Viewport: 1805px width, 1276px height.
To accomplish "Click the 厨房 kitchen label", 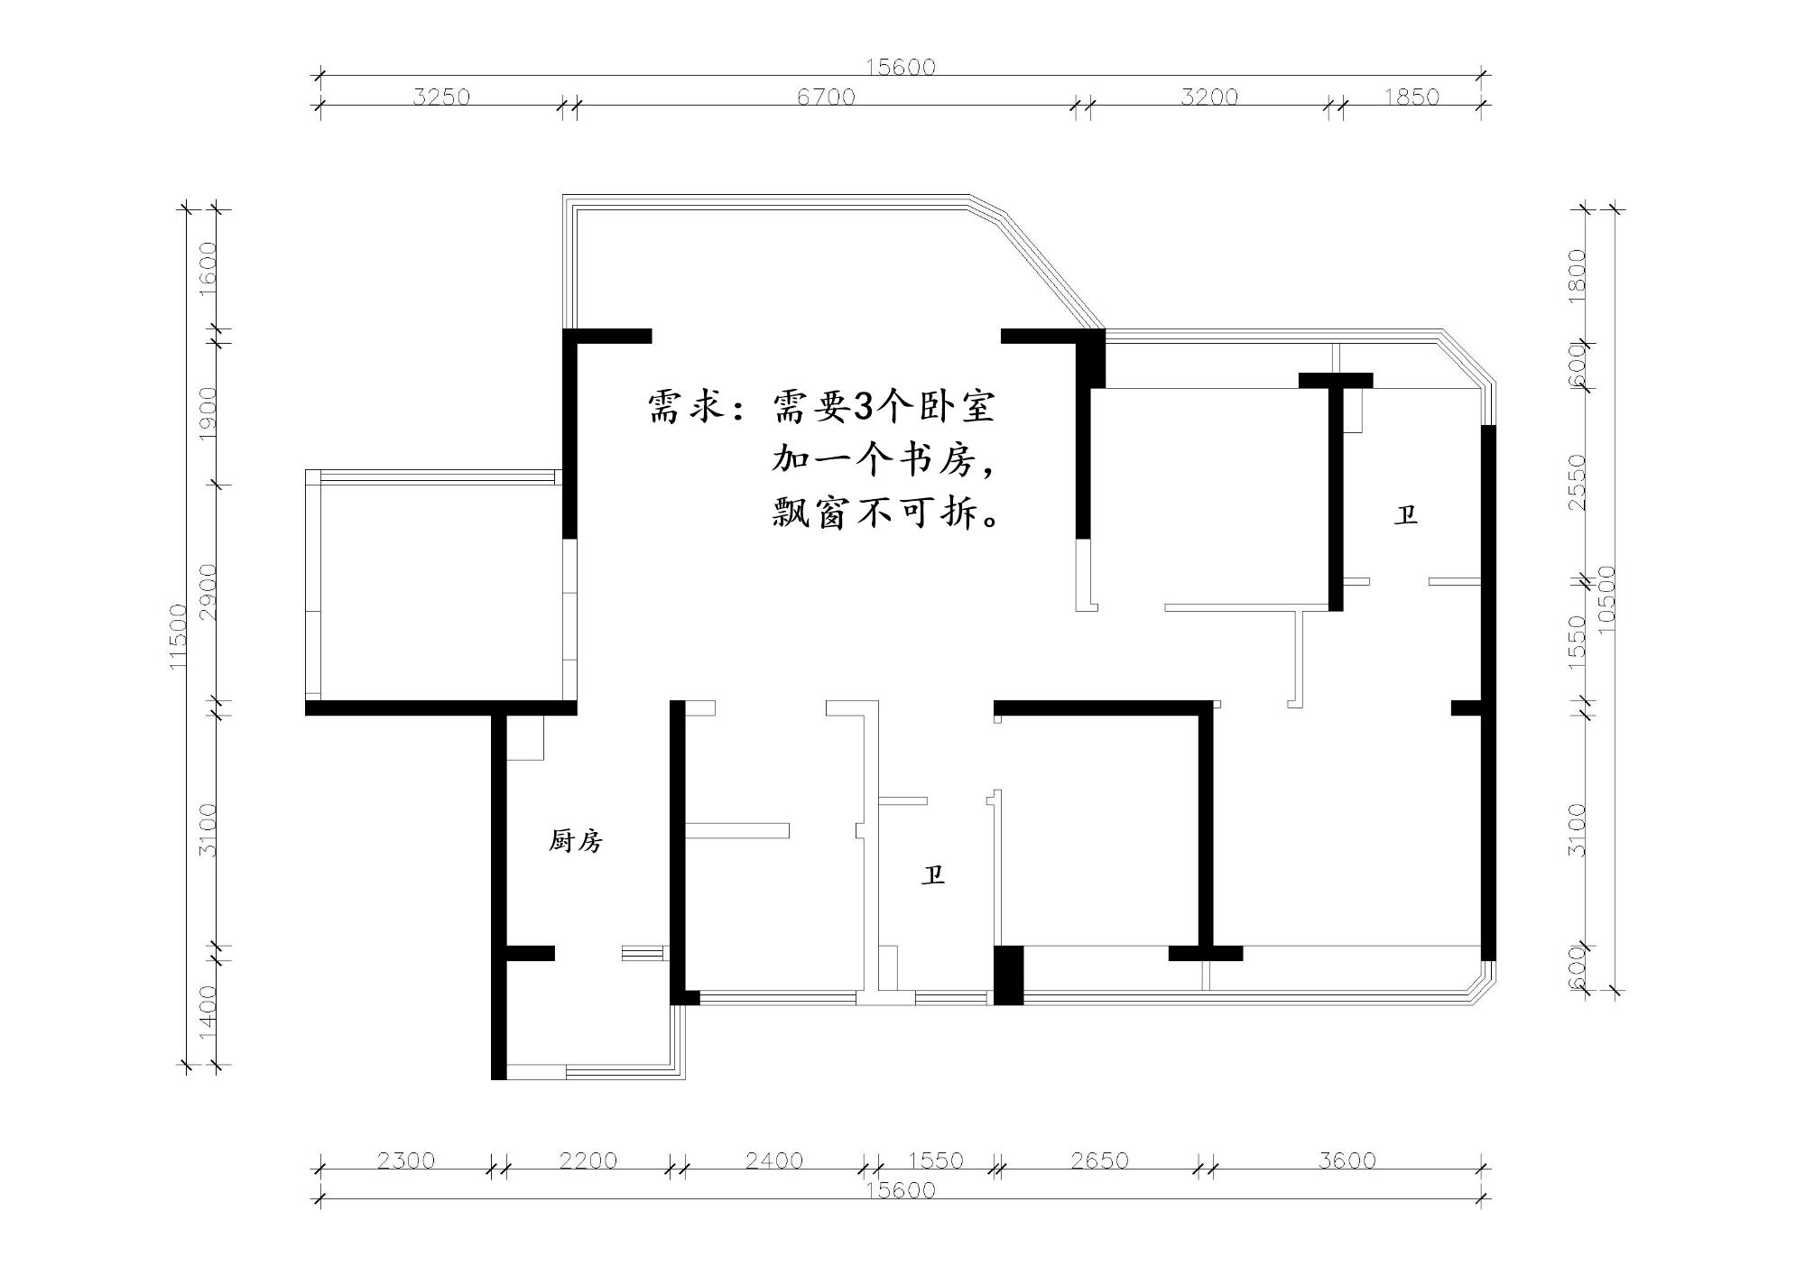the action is point(576,841).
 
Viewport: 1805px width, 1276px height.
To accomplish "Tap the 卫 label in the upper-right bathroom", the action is point(1406,515).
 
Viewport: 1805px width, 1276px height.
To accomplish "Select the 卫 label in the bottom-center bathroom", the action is point(933,874).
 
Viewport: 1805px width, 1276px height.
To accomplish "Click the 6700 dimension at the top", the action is point(826,96).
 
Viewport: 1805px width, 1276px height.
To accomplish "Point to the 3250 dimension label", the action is point(441,96).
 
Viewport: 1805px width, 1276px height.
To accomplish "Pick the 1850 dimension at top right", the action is point(1412,96).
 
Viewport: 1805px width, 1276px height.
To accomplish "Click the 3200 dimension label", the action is point(1209,96).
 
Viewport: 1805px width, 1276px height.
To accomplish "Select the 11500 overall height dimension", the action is point(178,637).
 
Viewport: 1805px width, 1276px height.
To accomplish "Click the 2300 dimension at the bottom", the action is point(405,1160).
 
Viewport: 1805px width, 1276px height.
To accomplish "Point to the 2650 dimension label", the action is point(1099,1160).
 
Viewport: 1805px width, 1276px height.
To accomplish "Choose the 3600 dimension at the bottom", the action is point(1347,1160).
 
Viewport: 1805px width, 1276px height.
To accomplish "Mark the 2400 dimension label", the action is point(774,1160).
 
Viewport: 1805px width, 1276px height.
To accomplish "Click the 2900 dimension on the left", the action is point(208,592).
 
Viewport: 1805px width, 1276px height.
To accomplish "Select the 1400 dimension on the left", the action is point(208,1010).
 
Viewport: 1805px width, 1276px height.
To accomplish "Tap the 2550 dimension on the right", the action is point(1577,482).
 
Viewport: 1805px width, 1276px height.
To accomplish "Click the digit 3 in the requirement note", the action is point(864,408).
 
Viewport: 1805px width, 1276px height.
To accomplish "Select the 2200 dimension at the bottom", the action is point(588,1160).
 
